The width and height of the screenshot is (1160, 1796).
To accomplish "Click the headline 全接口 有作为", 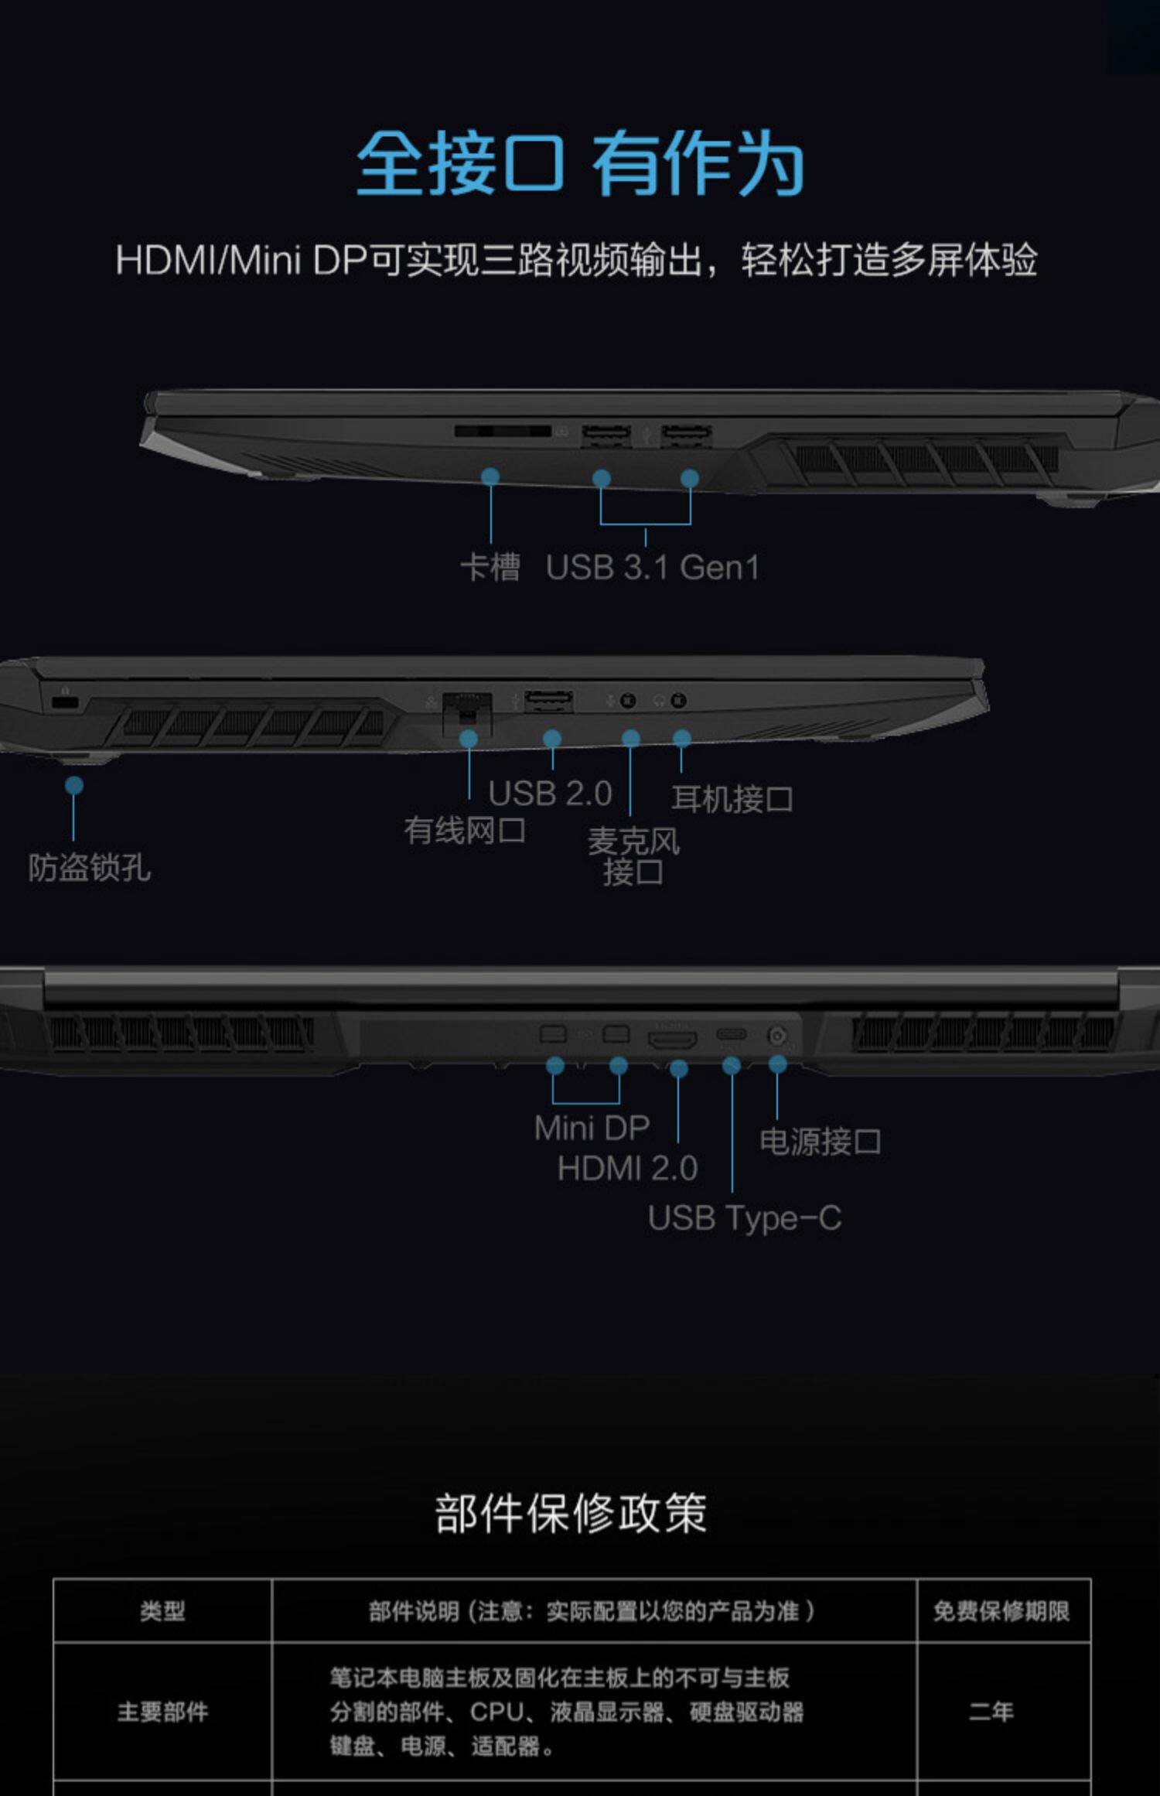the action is pyautogui.click(x=580, y=164).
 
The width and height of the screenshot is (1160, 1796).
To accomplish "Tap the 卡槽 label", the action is pyautogui.click(x=490, y=567).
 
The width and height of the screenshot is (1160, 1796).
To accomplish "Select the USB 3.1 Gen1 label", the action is pyautogui.click(x=652, y=568).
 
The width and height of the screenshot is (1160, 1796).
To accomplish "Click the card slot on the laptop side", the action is pyautogui.click(x=503, y=431).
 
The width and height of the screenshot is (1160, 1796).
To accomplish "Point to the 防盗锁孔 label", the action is pyautogui.click(x=90, y=868).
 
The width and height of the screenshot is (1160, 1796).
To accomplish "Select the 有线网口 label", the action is pyautogui.click(x=465, y=831).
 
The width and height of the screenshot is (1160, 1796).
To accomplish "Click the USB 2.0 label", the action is pyautogui.click(x=550, y=794).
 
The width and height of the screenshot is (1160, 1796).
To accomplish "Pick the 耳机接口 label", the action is pyautogui.click(x=732, y=799).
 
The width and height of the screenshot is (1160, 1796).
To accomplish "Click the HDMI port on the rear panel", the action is pyautogui.click(x=672, y=1040).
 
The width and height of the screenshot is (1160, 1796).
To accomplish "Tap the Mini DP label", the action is pyautogui.click(x=592, y=1128).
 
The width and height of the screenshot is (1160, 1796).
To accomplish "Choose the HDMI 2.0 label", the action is pyautogui.click(x=627, y=1168).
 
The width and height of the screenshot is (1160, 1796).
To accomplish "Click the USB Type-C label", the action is pyautogui.click(x=744, y=1218).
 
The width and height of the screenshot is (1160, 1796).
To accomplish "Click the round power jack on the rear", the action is pyautogui.click(x=777, y=1035).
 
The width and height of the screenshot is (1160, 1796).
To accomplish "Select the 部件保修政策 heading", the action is pyautogui.click(x=571, y=1514).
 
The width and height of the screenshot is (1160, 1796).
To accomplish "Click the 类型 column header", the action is pyautogui.click(x=162, y=1612).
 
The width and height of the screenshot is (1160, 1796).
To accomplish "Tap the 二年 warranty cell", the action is pyautogui.click(x=991, y=1711).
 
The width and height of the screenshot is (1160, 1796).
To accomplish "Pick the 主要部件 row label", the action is pyautogui.click(x=162, y=1712).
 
